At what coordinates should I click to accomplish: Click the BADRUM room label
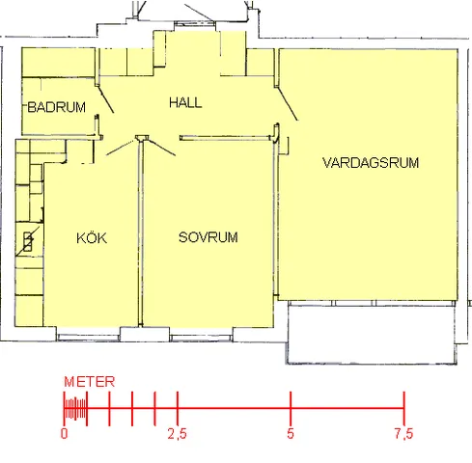coord(57,107)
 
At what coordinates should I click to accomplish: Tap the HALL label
coord(185,102)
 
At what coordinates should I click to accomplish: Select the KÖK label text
coord(92,237)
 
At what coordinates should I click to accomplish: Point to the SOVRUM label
coord(208,237)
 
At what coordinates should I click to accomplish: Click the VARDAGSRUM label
coord(371,163)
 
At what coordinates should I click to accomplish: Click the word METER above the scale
coord(90,382)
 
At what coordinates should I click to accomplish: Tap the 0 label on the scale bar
coord(65,434)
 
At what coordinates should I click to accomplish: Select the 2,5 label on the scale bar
coord(177,434)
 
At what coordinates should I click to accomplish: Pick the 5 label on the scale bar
coord(291,433)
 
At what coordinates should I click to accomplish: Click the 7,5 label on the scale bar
coord(403,434)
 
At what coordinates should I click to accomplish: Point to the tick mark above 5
coord(291,409)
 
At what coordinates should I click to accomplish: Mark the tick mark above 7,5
coord(404,409)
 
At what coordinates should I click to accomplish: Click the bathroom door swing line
coord(105,99)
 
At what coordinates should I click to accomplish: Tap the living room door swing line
coord(288,104)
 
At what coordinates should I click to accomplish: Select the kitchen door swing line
coord(122,147)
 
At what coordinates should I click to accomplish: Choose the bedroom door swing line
coord(163,149)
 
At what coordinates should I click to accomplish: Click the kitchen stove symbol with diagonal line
coord(28,241)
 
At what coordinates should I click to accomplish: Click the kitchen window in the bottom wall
coord(89,338)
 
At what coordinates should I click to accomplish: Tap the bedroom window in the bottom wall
coord(201,338)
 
